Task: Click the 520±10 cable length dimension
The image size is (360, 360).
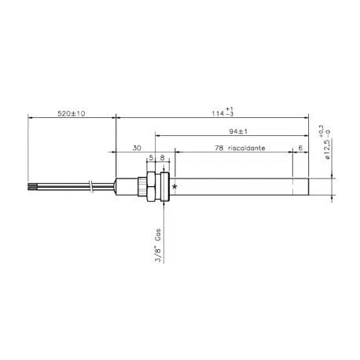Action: click(72, 113)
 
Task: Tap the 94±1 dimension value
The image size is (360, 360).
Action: click(238, 131)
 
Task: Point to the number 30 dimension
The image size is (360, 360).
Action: click(137, 148)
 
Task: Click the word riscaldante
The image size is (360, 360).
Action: click(247, 148)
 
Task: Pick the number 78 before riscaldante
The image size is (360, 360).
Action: click(219, 148)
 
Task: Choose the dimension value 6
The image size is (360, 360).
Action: click(300, 148)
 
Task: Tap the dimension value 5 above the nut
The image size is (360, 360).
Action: click(151, 158)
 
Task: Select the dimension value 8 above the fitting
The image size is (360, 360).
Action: click(162, 158)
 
